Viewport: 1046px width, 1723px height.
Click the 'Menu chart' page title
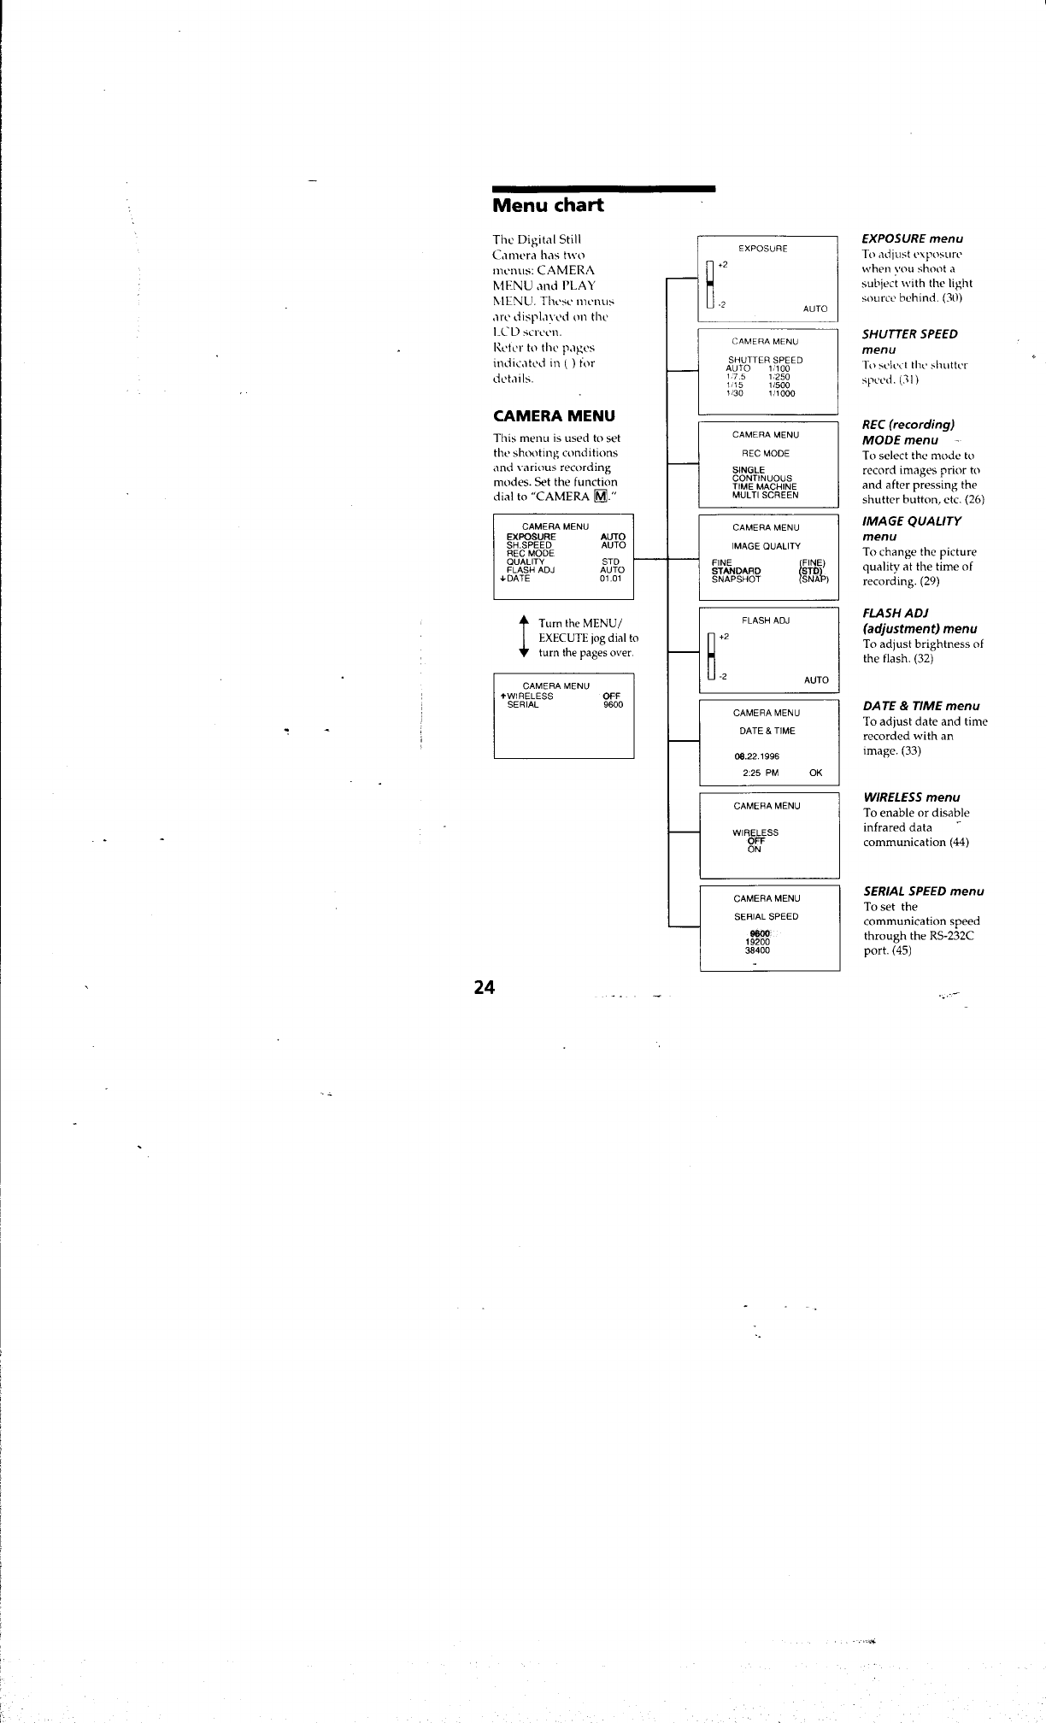coord(548,205)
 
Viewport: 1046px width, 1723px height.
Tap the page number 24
coord(485,987)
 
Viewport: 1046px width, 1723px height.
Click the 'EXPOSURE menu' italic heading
coord(912,238)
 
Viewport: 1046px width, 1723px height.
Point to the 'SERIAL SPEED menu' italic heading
coord(924,891)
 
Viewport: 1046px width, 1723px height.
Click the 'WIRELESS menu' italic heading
coord(912,797)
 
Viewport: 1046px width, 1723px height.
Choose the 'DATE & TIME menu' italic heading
coord(921,705)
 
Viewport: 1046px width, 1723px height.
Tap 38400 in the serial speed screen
coord(757,950)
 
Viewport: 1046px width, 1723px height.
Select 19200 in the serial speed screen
coord(757,941)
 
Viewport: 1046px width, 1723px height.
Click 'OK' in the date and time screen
coord(815,773)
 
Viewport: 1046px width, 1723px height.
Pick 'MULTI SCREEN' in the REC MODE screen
coord(765,495)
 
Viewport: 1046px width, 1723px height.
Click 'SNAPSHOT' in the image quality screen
coord(736,579)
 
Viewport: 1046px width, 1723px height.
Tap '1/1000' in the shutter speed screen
coord(781,394)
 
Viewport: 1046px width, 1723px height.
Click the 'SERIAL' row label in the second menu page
coord(522,704)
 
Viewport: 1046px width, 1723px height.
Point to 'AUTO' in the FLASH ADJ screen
coord(816,680)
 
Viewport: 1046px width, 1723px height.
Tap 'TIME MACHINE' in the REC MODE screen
coord(765,486)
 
